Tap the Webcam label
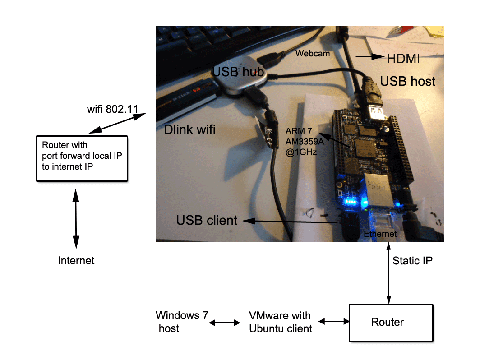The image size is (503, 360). tap(313, 54)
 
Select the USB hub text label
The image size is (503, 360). tap(238, 71)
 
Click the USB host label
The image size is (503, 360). tap(408, 81)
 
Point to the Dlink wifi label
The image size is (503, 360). tap(189, 130)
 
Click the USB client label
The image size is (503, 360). tap(207, 220)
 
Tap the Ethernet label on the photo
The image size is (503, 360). tap(380, 234)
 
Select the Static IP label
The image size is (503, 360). tap(412, 261)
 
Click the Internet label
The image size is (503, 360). tap(76, 261)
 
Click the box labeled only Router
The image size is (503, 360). tap(391, 322)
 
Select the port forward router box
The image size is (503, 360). tap(82, 158)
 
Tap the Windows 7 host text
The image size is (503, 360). tap(179, 322)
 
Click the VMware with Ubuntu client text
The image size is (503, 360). tap(281, 322)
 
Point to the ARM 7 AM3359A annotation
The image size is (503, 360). tap(301, 142)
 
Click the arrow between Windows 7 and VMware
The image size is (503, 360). tap(225, 323)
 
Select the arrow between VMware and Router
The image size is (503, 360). tap(334, 322)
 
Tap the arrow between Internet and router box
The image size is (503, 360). tap(76, 219)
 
